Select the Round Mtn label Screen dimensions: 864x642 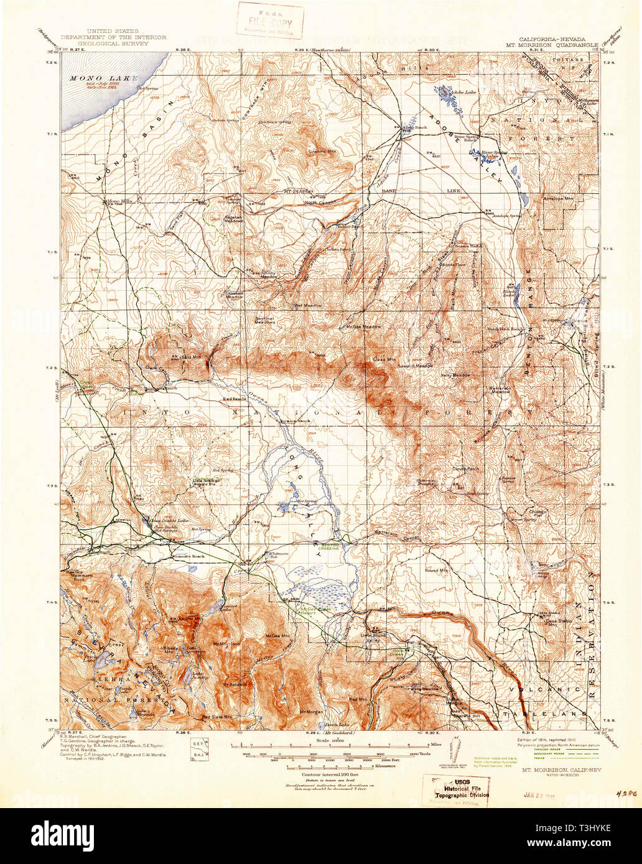pyautogui.click(x=436, y=570)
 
